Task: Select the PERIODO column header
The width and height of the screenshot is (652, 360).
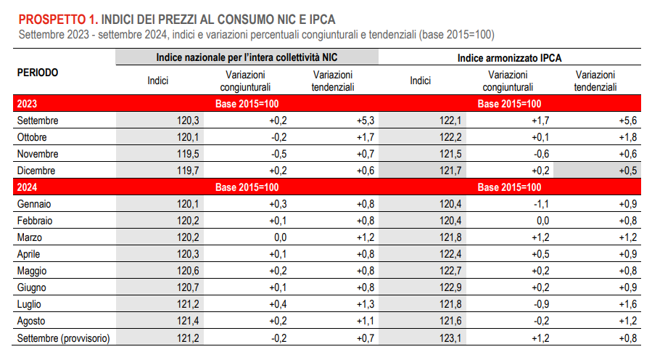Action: tap(37, 73)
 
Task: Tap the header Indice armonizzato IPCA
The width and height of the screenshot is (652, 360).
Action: tap(510, 57)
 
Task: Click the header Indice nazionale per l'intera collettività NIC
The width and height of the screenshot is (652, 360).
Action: tap(247, 57)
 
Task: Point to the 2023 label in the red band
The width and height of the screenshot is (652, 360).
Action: tap(28, 105)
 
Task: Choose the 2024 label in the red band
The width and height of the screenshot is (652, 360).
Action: tap(28, 188)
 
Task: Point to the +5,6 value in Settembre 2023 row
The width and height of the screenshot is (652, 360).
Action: tap(626, 120)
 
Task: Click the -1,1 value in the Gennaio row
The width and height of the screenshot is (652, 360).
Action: tap(540, 205)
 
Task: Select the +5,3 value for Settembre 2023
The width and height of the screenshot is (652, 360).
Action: tap(365, 120)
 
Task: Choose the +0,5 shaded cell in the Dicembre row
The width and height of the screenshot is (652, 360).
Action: tap(626, 171)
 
